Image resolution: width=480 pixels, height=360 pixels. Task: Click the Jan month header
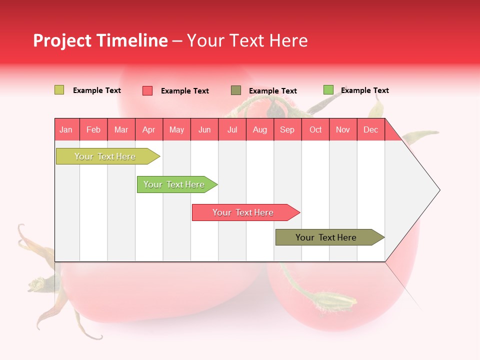point(66,129)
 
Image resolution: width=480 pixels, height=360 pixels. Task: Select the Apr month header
point(148,129)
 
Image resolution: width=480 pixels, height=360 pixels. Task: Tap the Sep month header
point(287,129)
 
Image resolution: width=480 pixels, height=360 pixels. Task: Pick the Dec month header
point(370,129)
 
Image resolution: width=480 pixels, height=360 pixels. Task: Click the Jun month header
point(204,129)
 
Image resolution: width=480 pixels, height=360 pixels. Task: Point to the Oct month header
point(315,129)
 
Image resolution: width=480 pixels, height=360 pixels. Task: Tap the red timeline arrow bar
point(244,212)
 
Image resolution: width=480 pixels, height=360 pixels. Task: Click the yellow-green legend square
point(59,90)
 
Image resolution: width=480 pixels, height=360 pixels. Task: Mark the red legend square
point(147,90)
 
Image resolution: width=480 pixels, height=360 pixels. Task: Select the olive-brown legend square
point(236,90)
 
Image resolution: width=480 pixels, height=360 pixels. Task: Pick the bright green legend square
point(328,90)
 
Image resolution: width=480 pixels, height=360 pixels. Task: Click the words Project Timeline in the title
point(100,40)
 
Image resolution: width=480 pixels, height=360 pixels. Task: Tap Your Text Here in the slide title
point(247,40)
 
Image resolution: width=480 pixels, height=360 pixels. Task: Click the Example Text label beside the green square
point(364,90)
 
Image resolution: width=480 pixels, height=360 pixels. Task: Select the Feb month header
point(93,129)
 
